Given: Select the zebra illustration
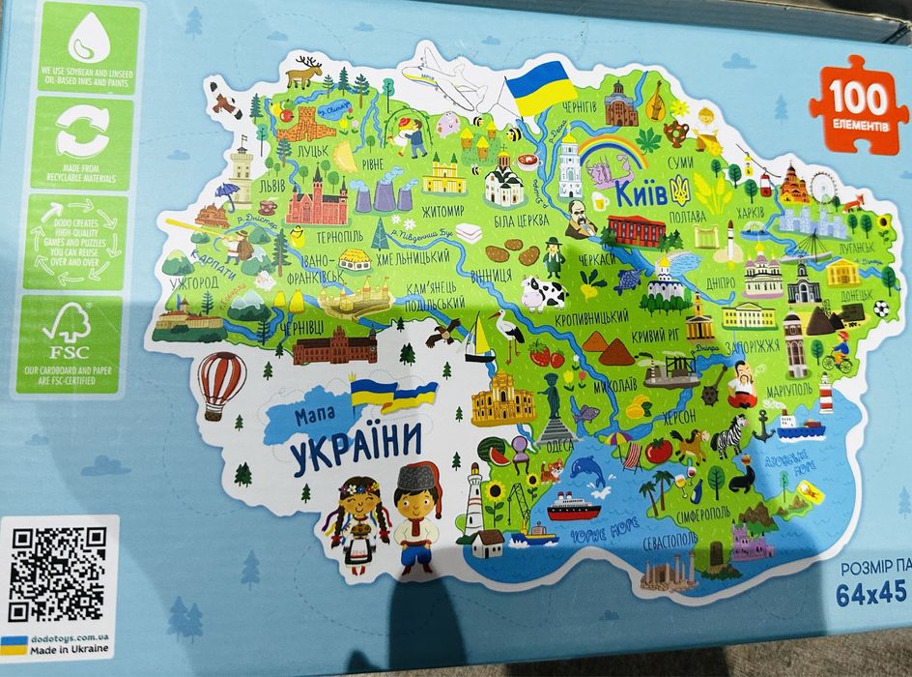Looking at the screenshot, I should [x=727, y=439].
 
